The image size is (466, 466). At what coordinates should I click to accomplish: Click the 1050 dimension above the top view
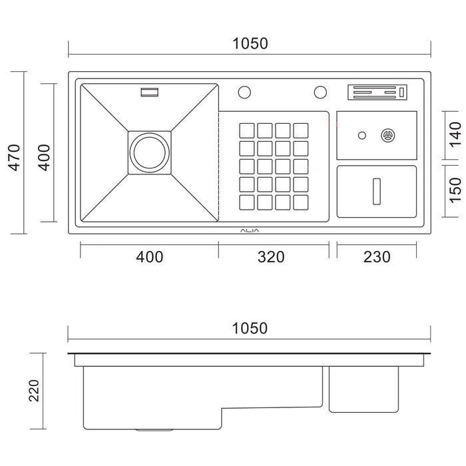click(250, 44)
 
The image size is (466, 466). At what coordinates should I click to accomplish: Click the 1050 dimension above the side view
click(250, 328)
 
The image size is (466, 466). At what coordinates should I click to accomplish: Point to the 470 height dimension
click(15, 158)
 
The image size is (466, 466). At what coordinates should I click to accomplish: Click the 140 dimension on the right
click(455, 135)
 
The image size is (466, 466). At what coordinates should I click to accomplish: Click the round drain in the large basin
click(149, 152)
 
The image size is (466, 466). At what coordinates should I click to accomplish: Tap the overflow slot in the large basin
click(149, 93)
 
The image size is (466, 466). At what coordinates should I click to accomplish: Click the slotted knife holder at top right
click(377, 93)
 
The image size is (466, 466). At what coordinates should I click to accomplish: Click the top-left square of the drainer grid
click(247, 130)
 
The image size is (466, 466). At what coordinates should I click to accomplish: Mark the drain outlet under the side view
click(150, 431)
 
